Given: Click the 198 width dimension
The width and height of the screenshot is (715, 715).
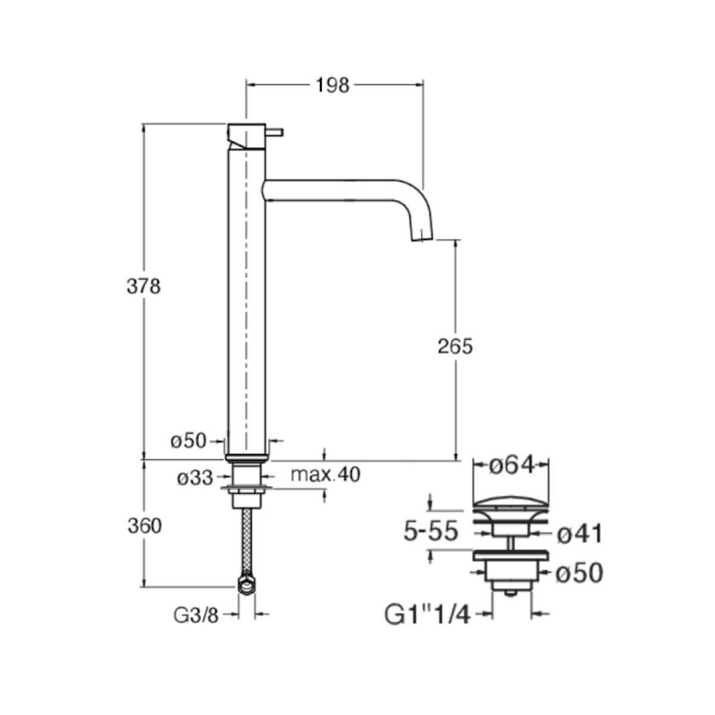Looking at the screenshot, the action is click(x=332, y=85).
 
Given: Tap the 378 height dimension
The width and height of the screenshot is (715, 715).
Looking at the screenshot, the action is click(x=144, y=287).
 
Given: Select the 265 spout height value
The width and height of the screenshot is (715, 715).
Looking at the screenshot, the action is click(x=455, y=347).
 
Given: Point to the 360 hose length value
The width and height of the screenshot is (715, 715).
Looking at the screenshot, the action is click(x=145, y=526).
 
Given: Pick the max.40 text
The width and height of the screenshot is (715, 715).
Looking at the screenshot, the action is click(x=325, y=474).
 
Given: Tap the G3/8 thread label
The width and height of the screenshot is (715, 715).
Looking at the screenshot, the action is click(x=196, y=616).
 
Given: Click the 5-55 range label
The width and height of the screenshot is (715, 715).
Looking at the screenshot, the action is click(x=431, y=531).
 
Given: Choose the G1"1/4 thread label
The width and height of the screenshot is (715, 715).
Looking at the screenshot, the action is click(x=427, y=615).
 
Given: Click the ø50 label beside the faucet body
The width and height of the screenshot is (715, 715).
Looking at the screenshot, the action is click(x=188, y=441).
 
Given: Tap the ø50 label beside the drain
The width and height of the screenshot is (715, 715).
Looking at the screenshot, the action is click(x=579, y=573).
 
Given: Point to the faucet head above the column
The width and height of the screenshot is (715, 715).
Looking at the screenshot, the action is click(x=246, y=136).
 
